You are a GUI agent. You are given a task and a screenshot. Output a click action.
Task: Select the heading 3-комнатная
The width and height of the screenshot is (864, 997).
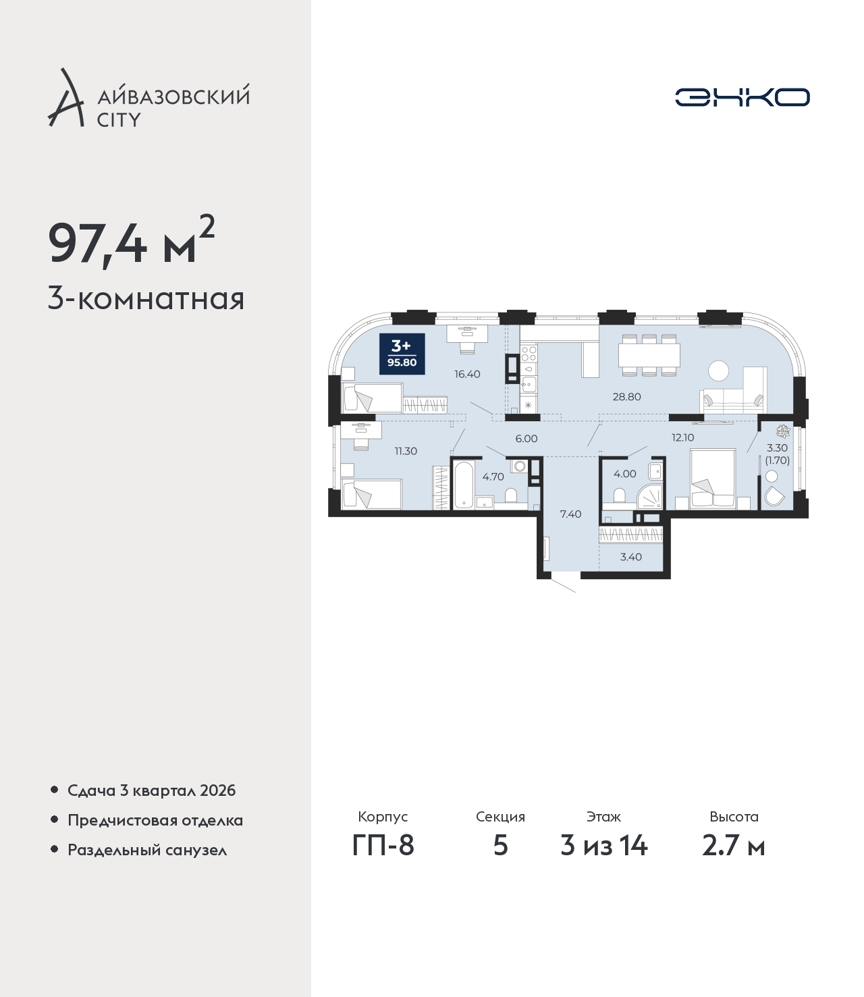[146, 299]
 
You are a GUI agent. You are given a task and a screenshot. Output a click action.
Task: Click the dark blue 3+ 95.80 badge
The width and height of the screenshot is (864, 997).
[402, 354]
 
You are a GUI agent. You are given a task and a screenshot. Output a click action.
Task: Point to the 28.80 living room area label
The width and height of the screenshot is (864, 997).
[626, 396]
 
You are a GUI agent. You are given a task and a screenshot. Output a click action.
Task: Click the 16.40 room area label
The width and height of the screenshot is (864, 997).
[467, 374]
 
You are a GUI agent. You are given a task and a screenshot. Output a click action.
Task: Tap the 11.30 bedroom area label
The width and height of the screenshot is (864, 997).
[405, 451]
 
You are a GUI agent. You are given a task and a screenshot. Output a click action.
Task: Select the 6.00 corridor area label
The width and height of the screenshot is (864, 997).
[526, 439]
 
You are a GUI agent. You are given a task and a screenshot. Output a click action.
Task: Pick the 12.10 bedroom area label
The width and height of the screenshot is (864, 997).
[682, 437]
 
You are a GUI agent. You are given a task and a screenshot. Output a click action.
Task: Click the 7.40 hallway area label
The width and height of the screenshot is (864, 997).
[570, 514]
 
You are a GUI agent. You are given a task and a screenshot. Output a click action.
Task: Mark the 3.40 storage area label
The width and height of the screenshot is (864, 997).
[630, 557]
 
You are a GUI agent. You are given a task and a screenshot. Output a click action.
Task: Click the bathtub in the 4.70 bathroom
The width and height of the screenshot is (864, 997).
[464, 485]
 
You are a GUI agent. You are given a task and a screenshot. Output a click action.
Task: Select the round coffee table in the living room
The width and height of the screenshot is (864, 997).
[718, 371]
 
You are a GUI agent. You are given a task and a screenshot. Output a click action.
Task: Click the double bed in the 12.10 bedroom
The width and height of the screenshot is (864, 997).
[713, 479]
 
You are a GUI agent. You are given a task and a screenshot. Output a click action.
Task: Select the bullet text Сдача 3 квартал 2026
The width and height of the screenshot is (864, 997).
[151, 790]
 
